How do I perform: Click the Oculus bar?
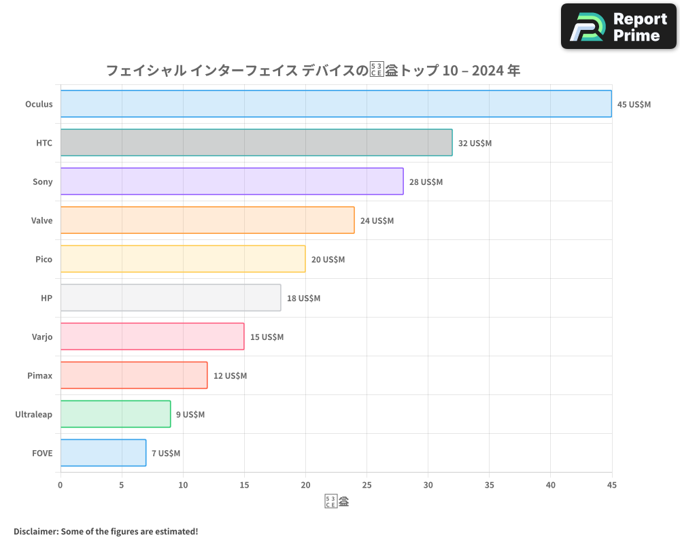(x=336, y=104)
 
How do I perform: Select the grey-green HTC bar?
(x=256, y=143)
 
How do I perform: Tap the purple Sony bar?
(x=232, y=182)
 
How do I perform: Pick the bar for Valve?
(x=207, y=220)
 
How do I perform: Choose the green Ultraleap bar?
(x=116, y=414)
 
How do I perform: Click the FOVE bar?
(x=103, y=453)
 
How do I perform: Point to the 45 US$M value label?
(x=634, y=105)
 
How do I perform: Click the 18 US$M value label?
(x=303, y=299)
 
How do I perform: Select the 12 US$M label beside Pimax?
(x=230, y=376)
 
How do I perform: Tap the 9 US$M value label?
(x=190, y=415)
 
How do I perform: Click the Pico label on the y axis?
(x=44, y=259)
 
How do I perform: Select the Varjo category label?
(x=41, y=337)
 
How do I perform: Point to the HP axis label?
(x=47, y=298)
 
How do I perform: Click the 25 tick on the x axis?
(x=367, y=485)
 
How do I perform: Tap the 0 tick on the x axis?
(x=61, y=485)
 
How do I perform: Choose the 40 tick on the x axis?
(x=550, y=485)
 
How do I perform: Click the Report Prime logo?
(x=618, y=27)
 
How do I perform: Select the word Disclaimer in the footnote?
(x=35, y=531)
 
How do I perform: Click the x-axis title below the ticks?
(x=337, y=503)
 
